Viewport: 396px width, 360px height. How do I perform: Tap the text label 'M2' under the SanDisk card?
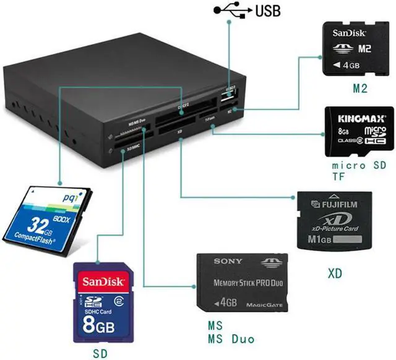coord(360,89)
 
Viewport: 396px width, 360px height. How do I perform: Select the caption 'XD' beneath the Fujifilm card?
coord(335,272)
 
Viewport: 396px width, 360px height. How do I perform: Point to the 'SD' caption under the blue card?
coord(99,353)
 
